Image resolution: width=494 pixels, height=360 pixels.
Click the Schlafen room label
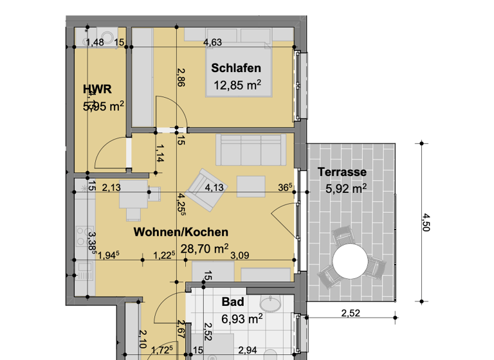pyautogui.click(x=236, y=68)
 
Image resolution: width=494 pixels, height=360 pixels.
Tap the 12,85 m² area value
pyautogui.click(x=237, y=85)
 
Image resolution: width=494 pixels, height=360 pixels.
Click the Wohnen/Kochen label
pyautogui.click(x=181, y=232)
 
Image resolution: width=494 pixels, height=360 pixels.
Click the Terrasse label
pyautogui.click(x=342, y=172)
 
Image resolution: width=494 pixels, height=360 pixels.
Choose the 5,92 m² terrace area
pyautogui.click(x=346, y=188)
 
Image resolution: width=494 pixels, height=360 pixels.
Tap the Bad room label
pyautogui.click(x=232, y=301)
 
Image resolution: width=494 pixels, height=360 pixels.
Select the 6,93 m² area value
pyautogui.click(x=241, y=318)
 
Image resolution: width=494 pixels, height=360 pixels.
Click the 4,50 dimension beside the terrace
pyautogui.click(x=425, y=222)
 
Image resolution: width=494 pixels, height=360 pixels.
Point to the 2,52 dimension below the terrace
pyautogui.click(x=351, y=313)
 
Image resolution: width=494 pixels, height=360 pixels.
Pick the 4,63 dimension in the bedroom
pyautogui.click(x=212, y=43)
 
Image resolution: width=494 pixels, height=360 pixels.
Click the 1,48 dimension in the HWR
pyautogui.click(x=95, y=43)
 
